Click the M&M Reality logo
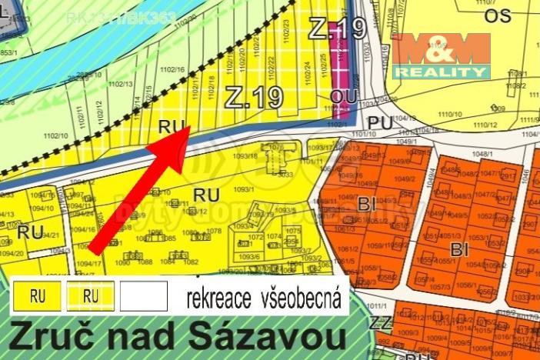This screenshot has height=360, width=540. coord(442,55)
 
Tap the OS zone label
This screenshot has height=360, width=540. coord(498,15)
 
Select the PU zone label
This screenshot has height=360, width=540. coord(379,122)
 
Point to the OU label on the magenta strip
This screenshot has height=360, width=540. coord(339,95)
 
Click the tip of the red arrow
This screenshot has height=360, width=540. coord(188,129)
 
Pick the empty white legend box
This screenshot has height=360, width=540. coord(143,295)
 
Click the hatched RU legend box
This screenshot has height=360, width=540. coord(91,295)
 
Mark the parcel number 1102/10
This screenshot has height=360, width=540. coord(55,135)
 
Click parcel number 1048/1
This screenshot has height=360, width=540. coord(480,154)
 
